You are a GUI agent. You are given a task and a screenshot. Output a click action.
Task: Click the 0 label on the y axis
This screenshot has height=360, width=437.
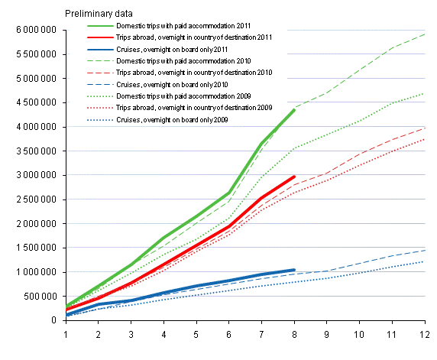56,320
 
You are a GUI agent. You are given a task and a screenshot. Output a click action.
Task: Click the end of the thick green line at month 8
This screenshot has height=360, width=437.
295,110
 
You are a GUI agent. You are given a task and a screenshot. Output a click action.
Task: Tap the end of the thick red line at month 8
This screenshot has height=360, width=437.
295,177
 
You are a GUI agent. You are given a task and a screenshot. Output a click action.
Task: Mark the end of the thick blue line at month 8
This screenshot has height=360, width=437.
295,270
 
